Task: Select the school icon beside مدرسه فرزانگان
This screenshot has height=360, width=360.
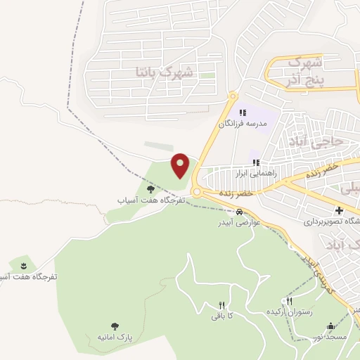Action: click(x=243, y=112)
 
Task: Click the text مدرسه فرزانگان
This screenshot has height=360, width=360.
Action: click(x=243, y=124)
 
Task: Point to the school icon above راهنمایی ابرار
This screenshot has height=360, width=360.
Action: click(x=255, y=162)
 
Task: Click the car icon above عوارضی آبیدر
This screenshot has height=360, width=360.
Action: click(x=240, y=212)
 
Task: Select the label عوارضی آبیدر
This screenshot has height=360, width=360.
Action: click(x=240, y=223)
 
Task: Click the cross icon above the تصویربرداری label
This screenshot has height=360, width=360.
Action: click(x=339, y=210)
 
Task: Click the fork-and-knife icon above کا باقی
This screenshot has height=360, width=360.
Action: click(x=221, y=305)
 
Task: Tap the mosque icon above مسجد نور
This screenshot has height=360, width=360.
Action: click(x=331, y=326)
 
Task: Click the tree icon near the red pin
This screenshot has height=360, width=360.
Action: click(x=150, y=189)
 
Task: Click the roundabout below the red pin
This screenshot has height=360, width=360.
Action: click(x=197, y=191)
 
